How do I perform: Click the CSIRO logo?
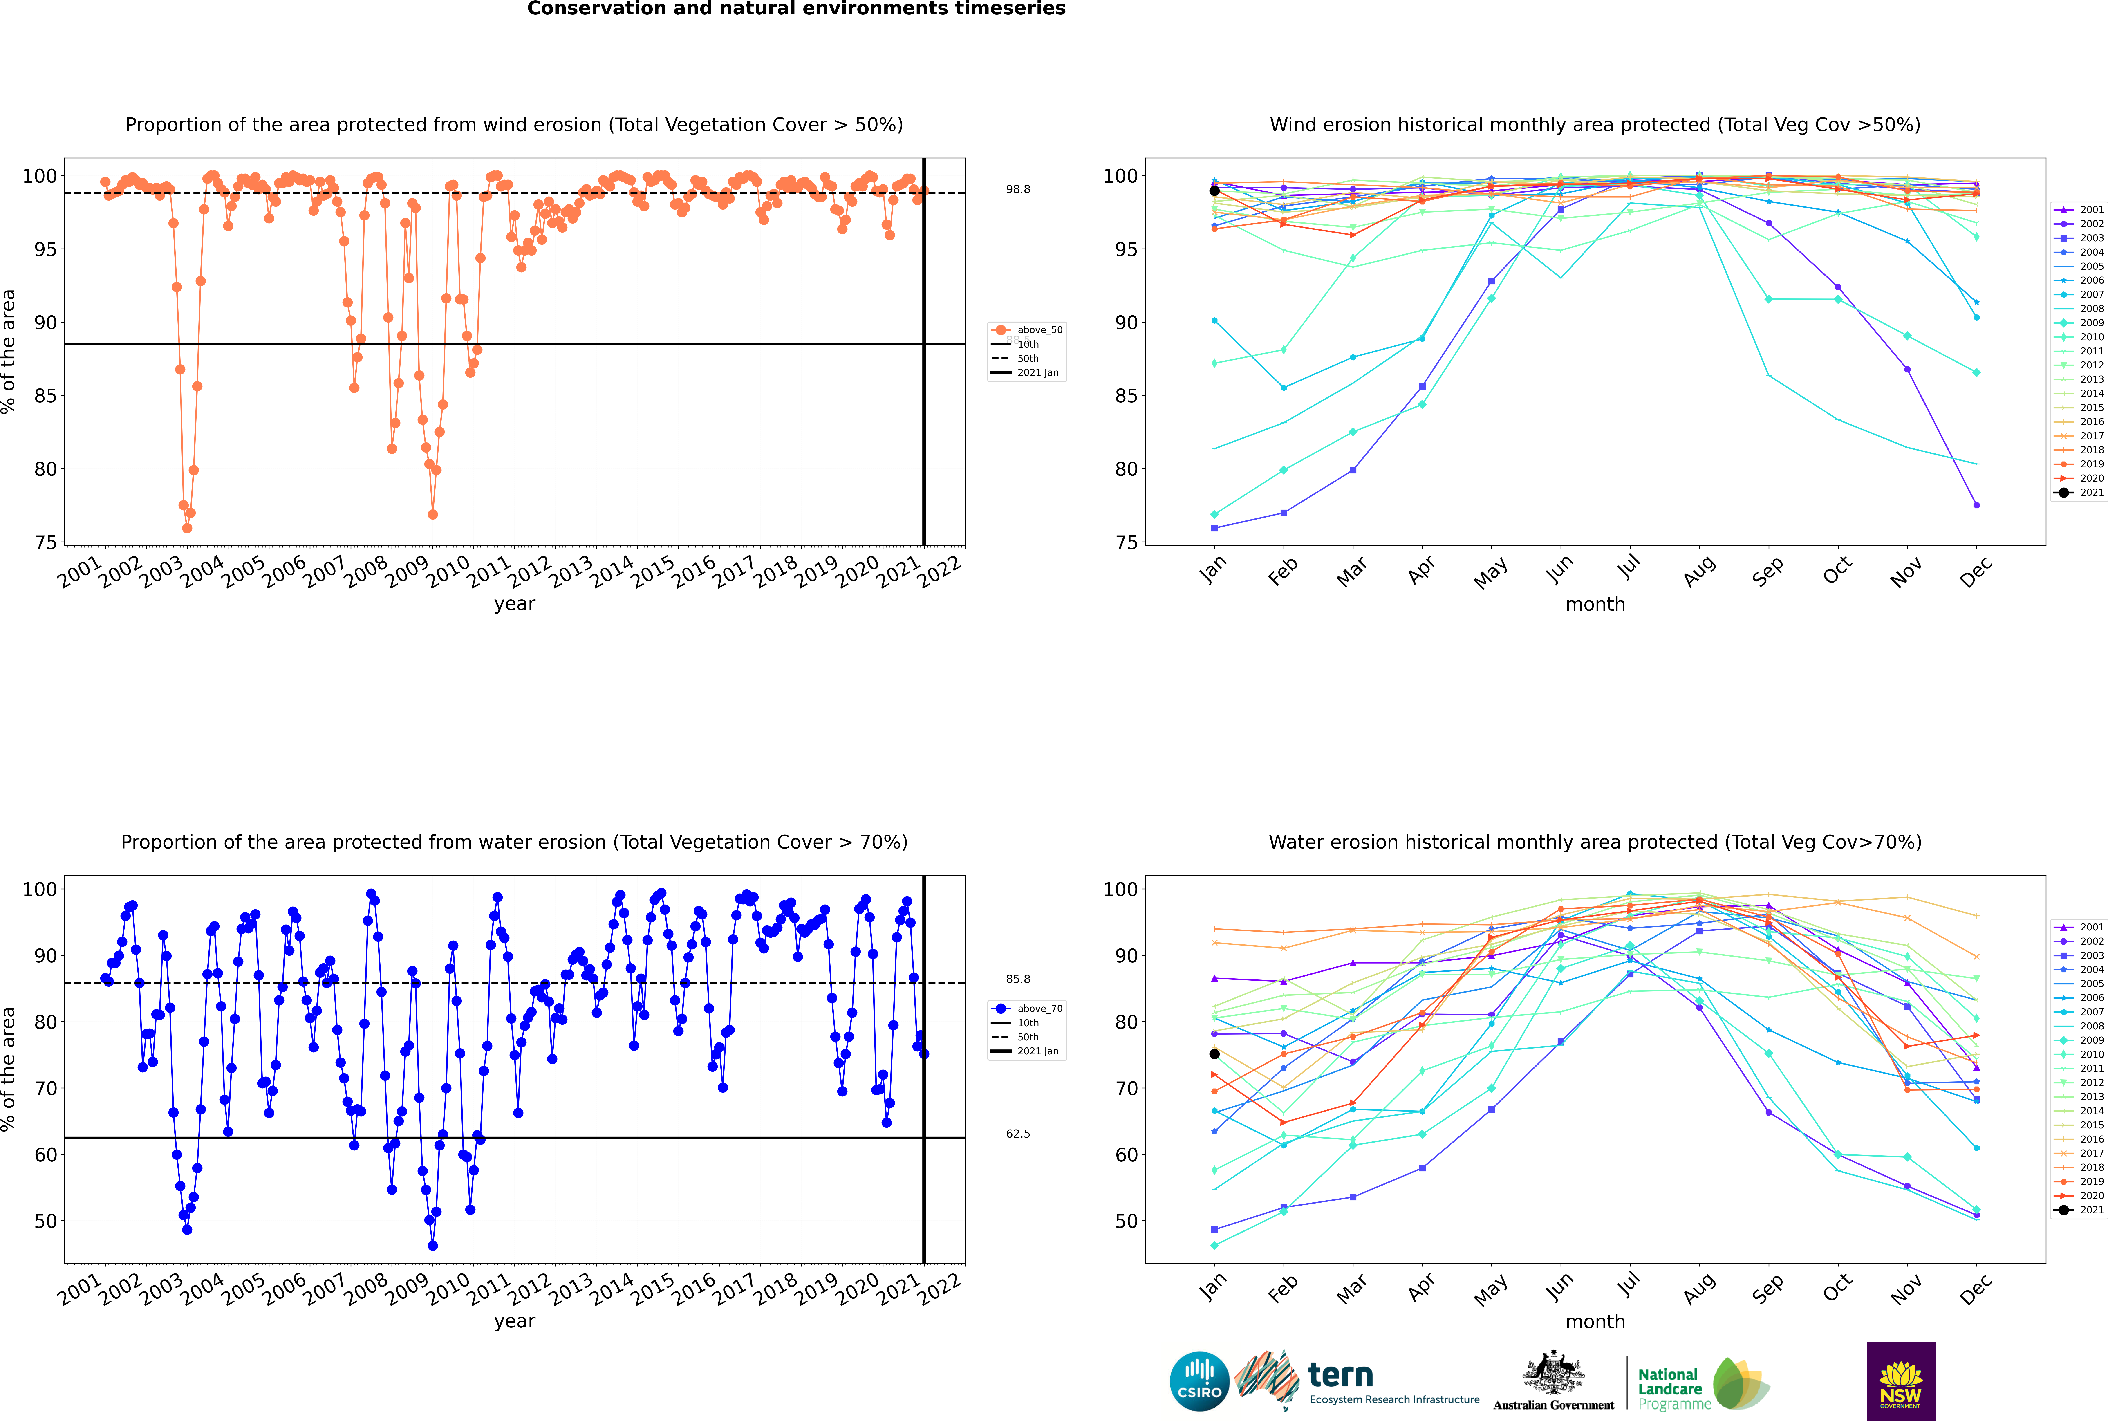[1199, 1381]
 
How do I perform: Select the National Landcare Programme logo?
[1702, 1384]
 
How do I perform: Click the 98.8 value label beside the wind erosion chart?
[1018, 189]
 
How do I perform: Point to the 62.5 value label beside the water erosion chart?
[1018, 1134]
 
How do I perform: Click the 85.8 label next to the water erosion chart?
[1018, 979]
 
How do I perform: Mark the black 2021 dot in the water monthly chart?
[1214, 1054]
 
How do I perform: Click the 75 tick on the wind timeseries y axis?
[45, 543]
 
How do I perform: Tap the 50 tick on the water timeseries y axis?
[45, 1221]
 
